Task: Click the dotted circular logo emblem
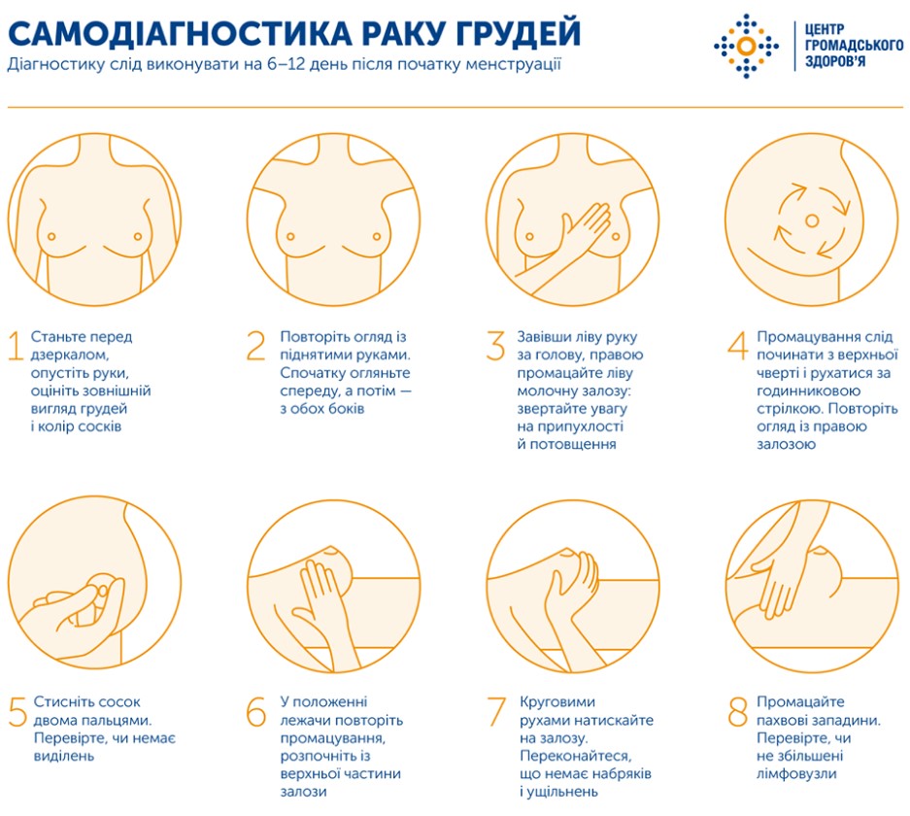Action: coord(746,46)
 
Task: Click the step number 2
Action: coord(256,348)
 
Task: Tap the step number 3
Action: coord(496,348)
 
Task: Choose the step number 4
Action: coord(737,348)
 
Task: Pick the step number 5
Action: coord(17,712)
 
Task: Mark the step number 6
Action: coord(256,712)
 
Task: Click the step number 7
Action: coord(496,712)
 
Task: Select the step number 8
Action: coord(737,712)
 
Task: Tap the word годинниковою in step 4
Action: coord(802,391)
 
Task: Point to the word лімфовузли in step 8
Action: coord(796,773)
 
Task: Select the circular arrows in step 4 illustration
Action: coord(814,218)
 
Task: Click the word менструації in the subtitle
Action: coord(512,65)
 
